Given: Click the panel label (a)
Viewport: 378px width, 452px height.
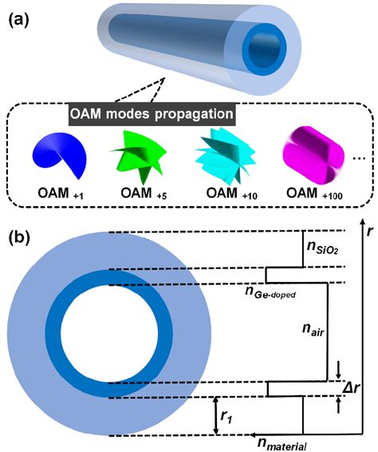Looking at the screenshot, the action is click(19, 21).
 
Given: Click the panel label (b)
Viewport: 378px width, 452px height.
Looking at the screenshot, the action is click(19, 238).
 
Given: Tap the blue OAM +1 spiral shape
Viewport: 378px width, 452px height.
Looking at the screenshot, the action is click(60, 155).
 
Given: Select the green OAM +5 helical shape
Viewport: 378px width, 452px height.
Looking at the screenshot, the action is click(139, 157).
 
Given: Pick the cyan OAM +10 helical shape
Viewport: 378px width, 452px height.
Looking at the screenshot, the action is click(225, 156).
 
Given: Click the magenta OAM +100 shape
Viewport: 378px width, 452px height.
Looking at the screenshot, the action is click(313, 155).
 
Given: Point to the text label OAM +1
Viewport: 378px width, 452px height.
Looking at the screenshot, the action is click(61, 194).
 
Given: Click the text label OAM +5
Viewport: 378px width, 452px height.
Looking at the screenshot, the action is click(144, 194).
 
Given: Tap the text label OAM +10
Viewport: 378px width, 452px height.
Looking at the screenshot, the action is click(232, 194).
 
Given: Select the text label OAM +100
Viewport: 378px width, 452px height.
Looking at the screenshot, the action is click(314, 194).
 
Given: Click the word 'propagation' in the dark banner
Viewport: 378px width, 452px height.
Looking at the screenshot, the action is click(194, 114).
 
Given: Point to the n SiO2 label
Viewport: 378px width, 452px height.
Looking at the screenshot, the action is click(322, 248).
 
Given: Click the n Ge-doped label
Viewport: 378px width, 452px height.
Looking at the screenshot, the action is click(270, 291).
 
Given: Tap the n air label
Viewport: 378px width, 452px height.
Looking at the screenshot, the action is click(313, 330).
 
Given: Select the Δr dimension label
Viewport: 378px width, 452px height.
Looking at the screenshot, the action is click(351, 388).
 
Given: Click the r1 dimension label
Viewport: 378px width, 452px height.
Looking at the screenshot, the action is click(226, 417).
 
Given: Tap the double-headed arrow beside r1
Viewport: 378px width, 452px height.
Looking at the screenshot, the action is click(216, 416).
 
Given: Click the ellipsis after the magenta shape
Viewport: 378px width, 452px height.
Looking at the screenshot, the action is click(359, 158).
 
